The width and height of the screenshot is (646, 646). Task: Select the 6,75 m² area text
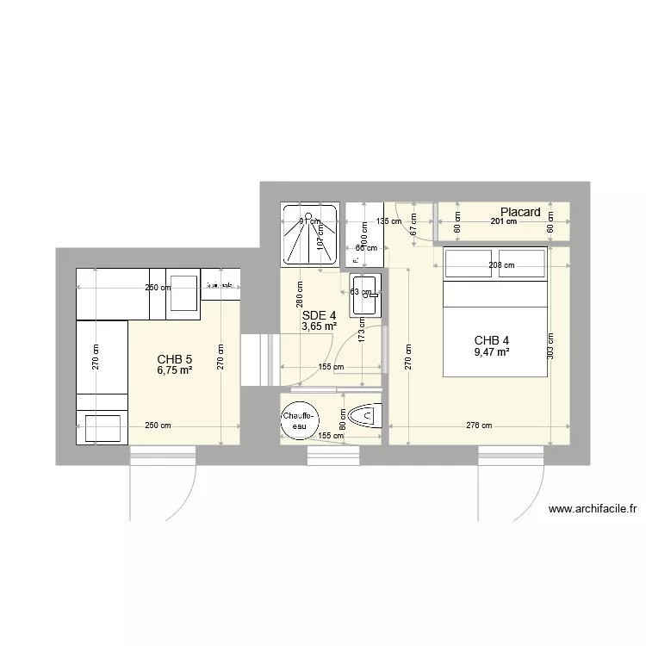tap(174, 370)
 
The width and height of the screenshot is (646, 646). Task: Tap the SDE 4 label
tap(319, 315)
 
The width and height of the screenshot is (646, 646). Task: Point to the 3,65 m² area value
tap(319, 326)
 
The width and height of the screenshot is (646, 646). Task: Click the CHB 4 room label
tap(491, 339)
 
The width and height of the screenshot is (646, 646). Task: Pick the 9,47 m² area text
tap(491, 351)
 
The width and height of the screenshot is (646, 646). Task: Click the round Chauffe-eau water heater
tap(299, 420)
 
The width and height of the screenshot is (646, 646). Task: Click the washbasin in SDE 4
tap(363, 295)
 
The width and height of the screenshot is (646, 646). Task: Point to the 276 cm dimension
tap(480, 425)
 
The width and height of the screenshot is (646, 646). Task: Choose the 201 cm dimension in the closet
tap(504, 221)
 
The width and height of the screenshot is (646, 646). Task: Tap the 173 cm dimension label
tap(362, 332)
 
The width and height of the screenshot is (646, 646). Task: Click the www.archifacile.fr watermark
tap(592, 509)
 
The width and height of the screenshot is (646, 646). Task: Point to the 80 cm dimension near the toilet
tap(342, 419)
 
